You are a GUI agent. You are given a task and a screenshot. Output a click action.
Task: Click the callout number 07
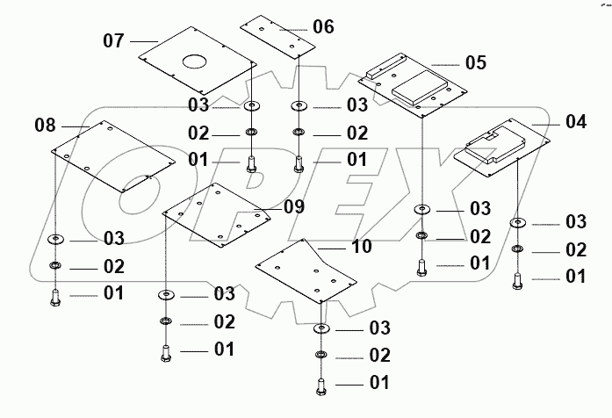point(115,40)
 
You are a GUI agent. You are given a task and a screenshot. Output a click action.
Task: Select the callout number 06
point(323,26)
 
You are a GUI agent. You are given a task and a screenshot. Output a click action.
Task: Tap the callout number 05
point(475,62)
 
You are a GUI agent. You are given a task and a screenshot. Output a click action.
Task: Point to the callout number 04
point(575,122)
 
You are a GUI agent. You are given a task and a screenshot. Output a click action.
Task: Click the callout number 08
point(45,126)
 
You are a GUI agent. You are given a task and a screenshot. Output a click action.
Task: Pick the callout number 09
point(293,207)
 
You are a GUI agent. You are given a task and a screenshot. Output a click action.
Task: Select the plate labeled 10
point(306,272)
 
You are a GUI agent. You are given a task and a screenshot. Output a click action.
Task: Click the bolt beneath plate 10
point(320,386)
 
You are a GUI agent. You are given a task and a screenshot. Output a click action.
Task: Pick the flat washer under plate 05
point(422,210)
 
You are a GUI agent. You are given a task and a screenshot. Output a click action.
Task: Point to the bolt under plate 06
point(299,162)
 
